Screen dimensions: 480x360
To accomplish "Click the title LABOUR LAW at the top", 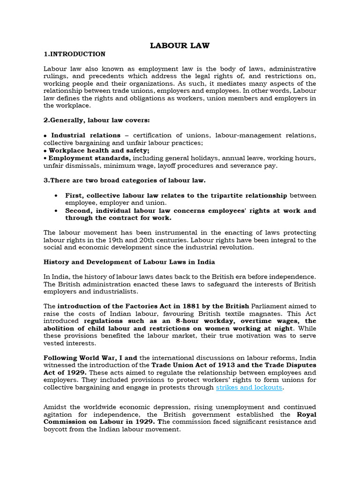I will pos(180,45).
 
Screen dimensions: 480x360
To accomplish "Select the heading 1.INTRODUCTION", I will pos(75,54).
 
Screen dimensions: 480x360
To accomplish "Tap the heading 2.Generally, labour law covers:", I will pos(97,120).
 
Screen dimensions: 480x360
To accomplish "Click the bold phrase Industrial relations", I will pos(86,135).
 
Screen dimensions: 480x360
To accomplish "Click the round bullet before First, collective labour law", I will pos(56,195).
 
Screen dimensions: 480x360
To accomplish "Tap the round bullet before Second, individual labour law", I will pos(56,211).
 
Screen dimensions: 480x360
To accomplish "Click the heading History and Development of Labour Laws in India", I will pos(129,262).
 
